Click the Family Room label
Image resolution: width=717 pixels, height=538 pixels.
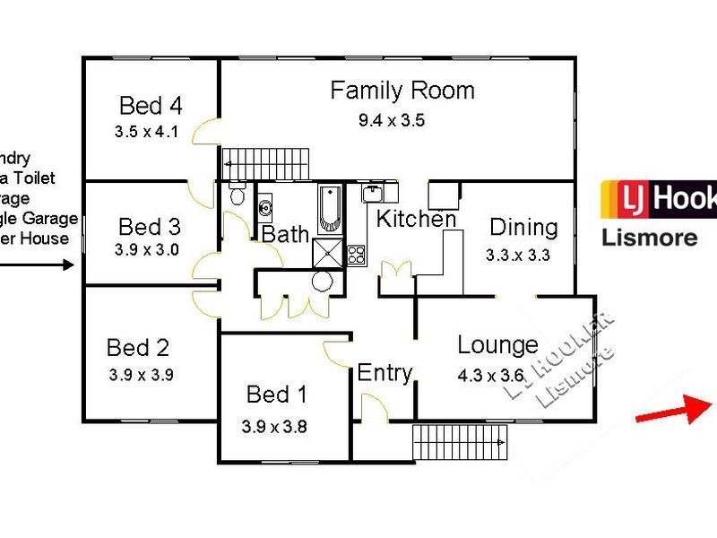click(x=402, y=91)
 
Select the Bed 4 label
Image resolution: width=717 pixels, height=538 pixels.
click(x=151, y=106)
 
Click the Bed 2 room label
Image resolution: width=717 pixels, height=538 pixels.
click(x=138, y=347)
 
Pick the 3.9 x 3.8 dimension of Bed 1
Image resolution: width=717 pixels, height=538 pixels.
click(x=274, y=427)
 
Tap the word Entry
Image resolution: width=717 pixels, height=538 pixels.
click(x=384, y=372)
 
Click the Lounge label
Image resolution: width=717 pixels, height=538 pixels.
click(x=497, y=344)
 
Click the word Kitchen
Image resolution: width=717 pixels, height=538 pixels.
click(x=416, y=218)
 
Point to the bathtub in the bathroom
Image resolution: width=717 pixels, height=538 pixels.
click(x=329, y=208)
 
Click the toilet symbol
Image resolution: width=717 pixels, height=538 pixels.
click(x=236, y=195)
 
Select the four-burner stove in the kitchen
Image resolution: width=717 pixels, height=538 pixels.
click(x=356, y=254)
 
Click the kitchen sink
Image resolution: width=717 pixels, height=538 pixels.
click(x=374, y=192)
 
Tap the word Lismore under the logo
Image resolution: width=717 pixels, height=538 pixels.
click(x=640, y=238)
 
